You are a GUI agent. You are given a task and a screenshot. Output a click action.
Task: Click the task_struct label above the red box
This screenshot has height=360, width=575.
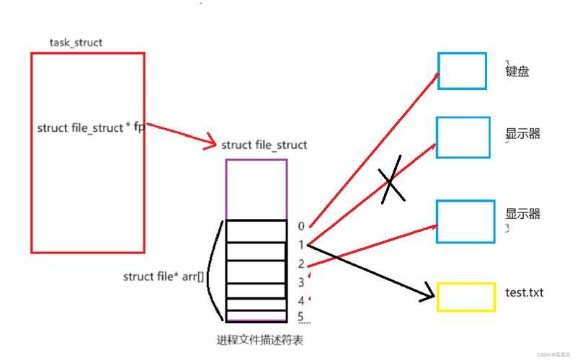76,43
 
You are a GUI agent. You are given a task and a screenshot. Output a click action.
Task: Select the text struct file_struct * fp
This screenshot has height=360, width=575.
91,127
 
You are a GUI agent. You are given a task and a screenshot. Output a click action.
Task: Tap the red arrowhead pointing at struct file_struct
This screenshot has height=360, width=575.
210,142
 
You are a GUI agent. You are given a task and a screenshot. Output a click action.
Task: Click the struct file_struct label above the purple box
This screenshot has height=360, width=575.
264,145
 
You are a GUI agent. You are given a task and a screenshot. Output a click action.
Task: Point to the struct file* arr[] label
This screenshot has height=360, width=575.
163,276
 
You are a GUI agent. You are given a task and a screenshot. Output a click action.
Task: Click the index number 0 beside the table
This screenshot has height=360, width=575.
301,226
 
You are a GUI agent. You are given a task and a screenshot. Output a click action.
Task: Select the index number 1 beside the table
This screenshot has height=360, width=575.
301,245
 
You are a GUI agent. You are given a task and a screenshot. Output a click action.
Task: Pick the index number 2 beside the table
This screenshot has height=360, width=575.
301,264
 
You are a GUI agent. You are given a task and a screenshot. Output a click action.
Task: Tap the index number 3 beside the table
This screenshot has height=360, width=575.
301,282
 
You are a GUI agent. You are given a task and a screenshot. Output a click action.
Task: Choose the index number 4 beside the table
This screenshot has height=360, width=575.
301,301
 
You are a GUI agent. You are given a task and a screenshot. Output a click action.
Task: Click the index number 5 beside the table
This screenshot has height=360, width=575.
300,316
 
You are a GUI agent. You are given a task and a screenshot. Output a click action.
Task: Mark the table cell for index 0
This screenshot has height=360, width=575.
256,231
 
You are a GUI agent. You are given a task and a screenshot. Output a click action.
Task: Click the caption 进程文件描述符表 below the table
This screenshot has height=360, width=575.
259,341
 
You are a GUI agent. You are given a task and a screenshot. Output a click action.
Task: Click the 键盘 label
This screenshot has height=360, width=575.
517,71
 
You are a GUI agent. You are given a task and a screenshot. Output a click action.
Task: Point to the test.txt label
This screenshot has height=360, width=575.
524,292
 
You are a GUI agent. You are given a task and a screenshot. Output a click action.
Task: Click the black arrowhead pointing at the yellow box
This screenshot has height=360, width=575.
429,293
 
